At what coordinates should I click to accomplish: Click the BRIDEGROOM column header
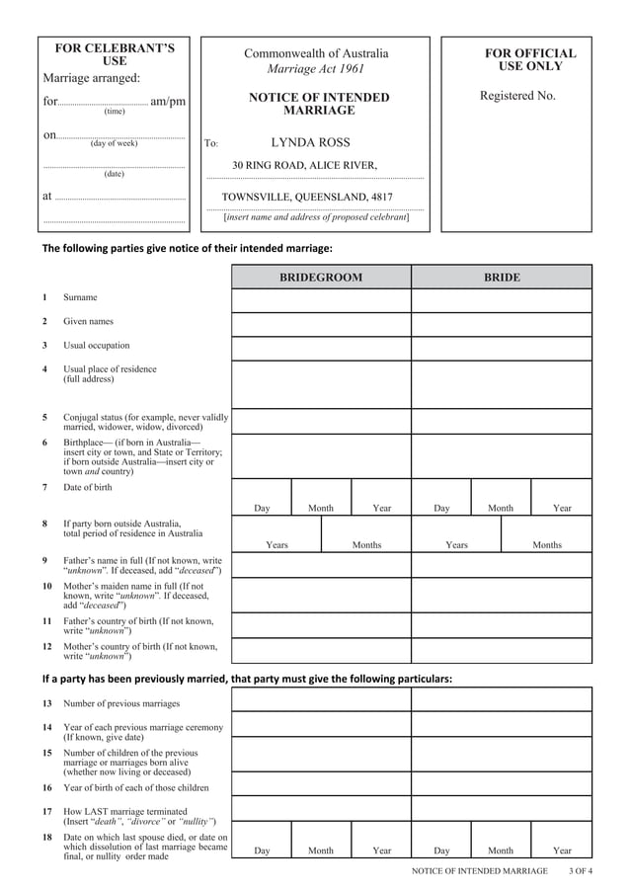click(321, 278)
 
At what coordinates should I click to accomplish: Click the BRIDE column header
click(501, 278)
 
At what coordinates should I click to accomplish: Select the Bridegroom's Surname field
click(321, 300)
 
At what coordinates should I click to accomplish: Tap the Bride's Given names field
click(501, 324)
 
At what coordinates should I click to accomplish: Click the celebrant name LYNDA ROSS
click(310, 142)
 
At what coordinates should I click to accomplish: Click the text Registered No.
click(517, 96)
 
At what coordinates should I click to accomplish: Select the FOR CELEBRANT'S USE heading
click(115, 54)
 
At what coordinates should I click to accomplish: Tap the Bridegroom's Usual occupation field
click(321, 349)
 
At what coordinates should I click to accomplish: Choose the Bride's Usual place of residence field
click(501, 384)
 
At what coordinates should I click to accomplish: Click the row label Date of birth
click(88, 487)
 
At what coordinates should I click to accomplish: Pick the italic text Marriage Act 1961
click(316, 69)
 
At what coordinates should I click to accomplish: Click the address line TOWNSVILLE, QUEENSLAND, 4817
click(306, 197)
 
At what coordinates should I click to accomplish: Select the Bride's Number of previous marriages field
click(501, 699)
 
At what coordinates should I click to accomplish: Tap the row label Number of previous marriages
click(121, 703)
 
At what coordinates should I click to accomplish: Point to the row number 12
click(46, 647)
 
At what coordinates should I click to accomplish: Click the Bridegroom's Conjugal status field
click(321, 422)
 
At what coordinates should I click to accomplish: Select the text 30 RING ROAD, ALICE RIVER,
click(304, 165)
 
